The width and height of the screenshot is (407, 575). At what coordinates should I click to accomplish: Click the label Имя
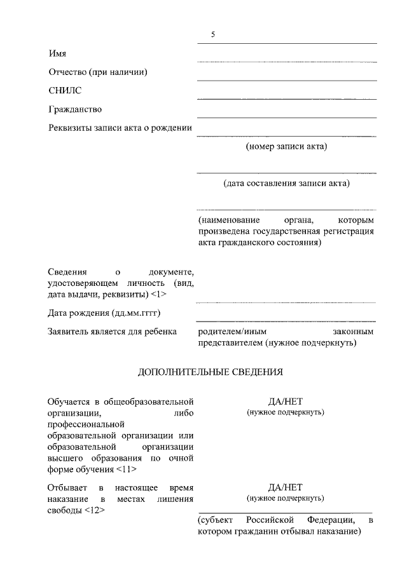click(x=57, y=53)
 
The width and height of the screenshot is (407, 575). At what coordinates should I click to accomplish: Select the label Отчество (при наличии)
click(x=98, y=72)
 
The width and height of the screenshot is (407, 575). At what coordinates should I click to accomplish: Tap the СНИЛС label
click(x=65, y=91)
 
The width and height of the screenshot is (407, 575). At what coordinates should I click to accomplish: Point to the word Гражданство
click(x=75, y=109)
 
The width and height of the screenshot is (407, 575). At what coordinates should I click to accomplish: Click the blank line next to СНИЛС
click(x=286, y=98)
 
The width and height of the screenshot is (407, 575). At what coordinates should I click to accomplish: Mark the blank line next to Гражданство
click(x=286, y=117)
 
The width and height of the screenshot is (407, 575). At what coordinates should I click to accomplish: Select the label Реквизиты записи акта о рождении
click(x=120, y=128)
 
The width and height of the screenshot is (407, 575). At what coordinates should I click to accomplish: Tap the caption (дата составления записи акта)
click(x=286, y=184)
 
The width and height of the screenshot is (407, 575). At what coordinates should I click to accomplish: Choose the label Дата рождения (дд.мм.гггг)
click(x=103, y=313)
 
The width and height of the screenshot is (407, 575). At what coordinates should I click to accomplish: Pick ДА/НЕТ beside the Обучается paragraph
click(x=286, y=401)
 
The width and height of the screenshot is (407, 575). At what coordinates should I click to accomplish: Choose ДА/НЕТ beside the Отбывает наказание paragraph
click(x=286, y=487)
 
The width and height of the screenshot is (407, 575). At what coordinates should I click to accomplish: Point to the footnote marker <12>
click(x=93, y=510)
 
